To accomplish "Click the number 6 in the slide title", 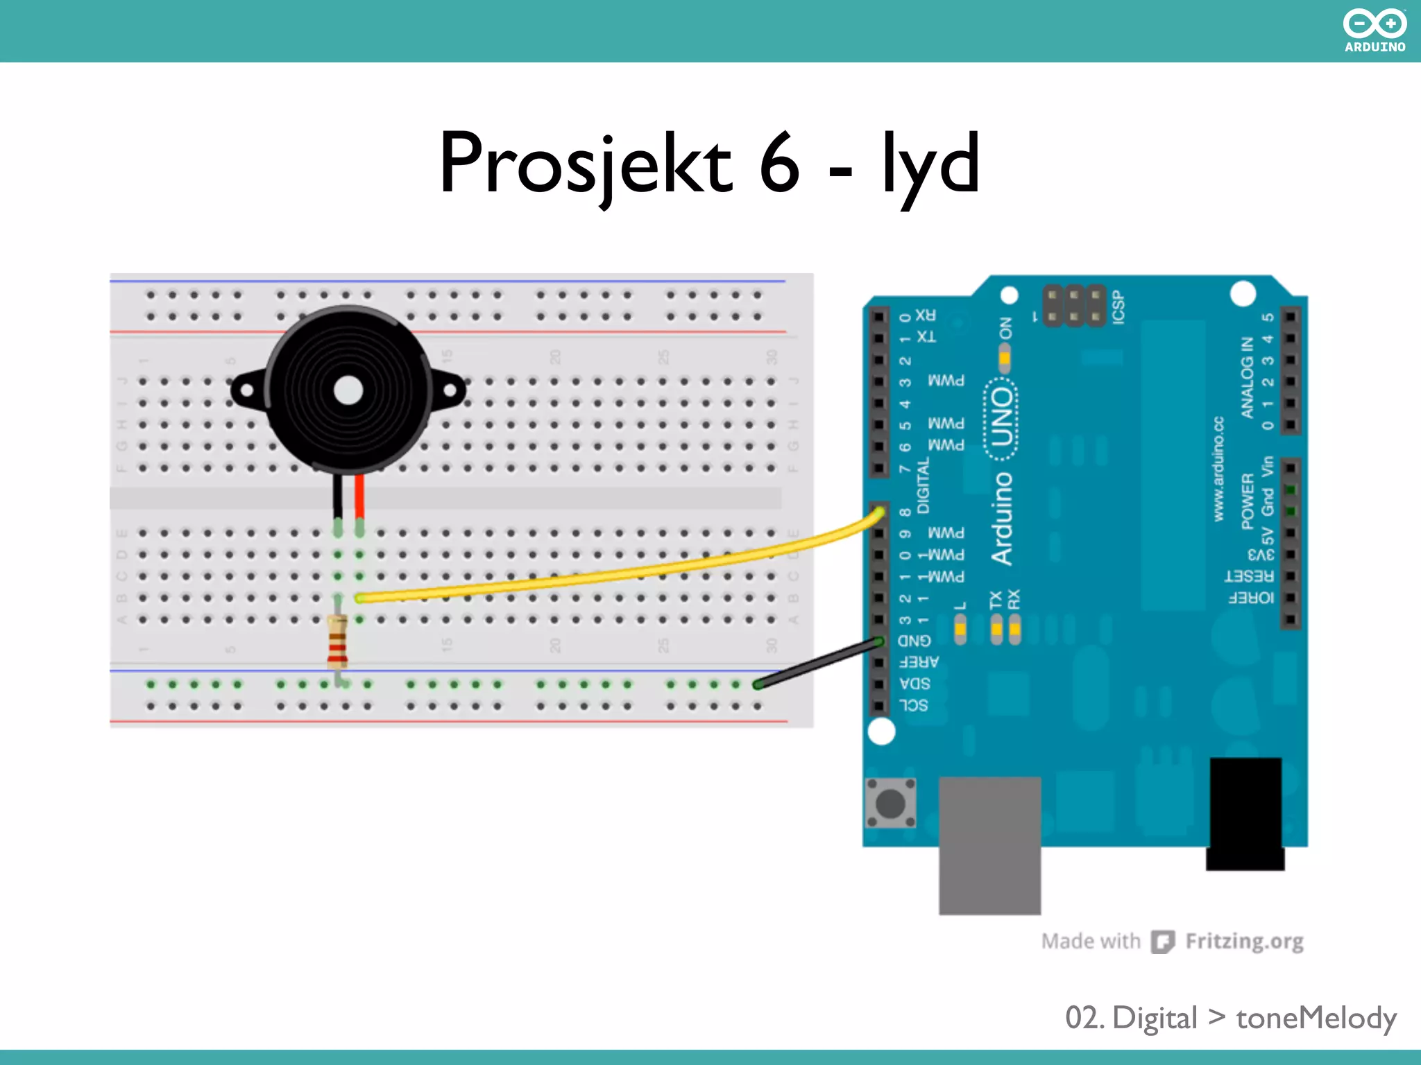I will pos(780,164).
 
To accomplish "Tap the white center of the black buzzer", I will pos(348,390).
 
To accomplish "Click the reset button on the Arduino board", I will pos(891,803).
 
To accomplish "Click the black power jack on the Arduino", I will pos(1246,811).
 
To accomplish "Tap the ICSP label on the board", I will pos(1118,307).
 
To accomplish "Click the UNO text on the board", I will pos(1002,417).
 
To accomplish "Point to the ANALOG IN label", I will pos(1247,378).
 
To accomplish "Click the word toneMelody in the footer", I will pos(1316,1018).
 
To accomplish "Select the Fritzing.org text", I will pos(1244,941).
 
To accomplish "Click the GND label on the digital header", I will pos(914,640).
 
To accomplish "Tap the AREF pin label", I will pos(919,662).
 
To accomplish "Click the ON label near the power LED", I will pos(1005,328).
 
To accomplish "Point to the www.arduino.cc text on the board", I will pos(1218,469).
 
